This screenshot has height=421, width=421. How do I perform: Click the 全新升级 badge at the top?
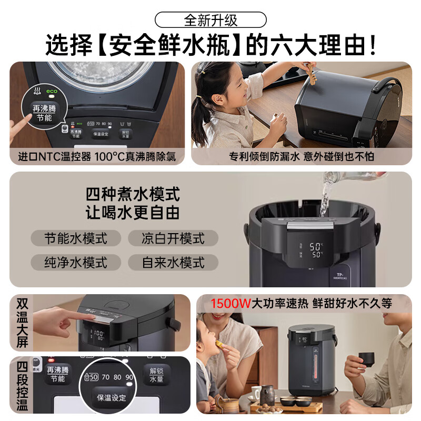[x=210, y=20]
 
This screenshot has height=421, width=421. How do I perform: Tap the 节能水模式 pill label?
[x=76, y=238]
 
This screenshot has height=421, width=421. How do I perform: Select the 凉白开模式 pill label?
[x=173, y=238]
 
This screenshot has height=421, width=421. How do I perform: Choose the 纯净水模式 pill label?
[x=76, y=262]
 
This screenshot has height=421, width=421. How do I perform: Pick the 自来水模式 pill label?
[x=173, y=262]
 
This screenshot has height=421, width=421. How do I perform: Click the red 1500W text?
[x=230, y=303]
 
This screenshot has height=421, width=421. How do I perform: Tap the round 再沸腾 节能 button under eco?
[x=41, y=111]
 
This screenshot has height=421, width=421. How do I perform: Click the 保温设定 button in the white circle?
[x=109, y=397]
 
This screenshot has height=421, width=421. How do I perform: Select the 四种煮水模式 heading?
[x=133, y=194]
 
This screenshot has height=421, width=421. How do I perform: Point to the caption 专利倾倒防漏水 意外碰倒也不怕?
[x=302, y=156]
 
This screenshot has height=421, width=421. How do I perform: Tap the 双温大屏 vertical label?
[x=22, y=323]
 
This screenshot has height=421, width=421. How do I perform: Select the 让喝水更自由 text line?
[x=133, y=213]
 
